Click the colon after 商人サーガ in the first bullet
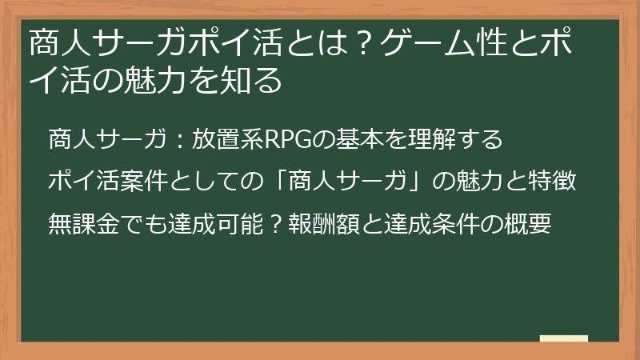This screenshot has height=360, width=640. (181, 141)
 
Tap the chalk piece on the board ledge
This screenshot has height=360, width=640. (564, 338)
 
